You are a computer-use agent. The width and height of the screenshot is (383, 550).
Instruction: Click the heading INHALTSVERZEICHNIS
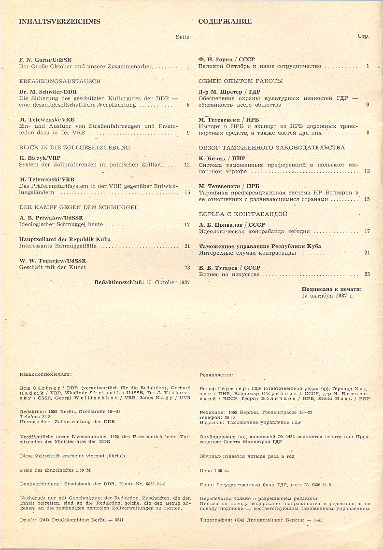(60, 21)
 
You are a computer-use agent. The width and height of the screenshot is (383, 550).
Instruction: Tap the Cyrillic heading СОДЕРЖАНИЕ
(225, 21)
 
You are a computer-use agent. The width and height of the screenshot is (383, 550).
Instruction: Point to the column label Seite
(183, 37)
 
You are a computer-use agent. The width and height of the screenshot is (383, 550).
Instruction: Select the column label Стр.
(363, 36)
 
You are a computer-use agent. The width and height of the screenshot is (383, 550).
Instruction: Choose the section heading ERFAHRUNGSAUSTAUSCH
(53, 81)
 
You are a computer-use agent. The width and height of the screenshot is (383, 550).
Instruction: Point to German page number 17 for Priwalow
(187, 224)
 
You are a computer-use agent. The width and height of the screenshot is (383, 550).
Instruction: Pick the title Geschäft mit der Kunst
(53, 267)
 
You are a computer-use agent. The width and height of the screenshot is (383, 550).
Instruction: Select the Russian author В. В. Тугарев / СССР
(229, 267)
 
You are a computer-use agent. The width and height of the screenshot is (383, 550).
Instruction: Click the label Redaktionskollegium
(45, 374)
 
